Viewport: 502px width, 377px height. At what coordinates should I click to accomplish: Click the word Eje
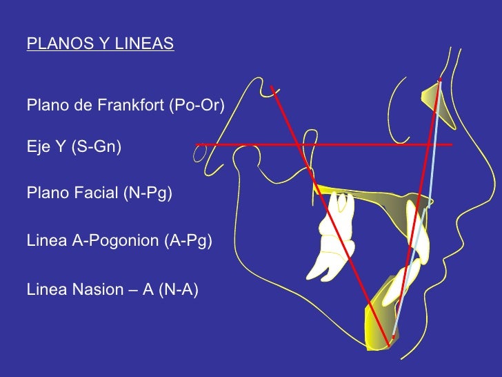coord(37,146)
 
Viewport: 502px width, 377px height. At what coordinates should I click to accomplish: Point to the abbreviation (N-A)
coord(178,289)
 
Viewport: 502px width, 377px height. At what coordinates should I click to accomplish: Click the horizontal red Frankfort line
coord(365,144)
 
